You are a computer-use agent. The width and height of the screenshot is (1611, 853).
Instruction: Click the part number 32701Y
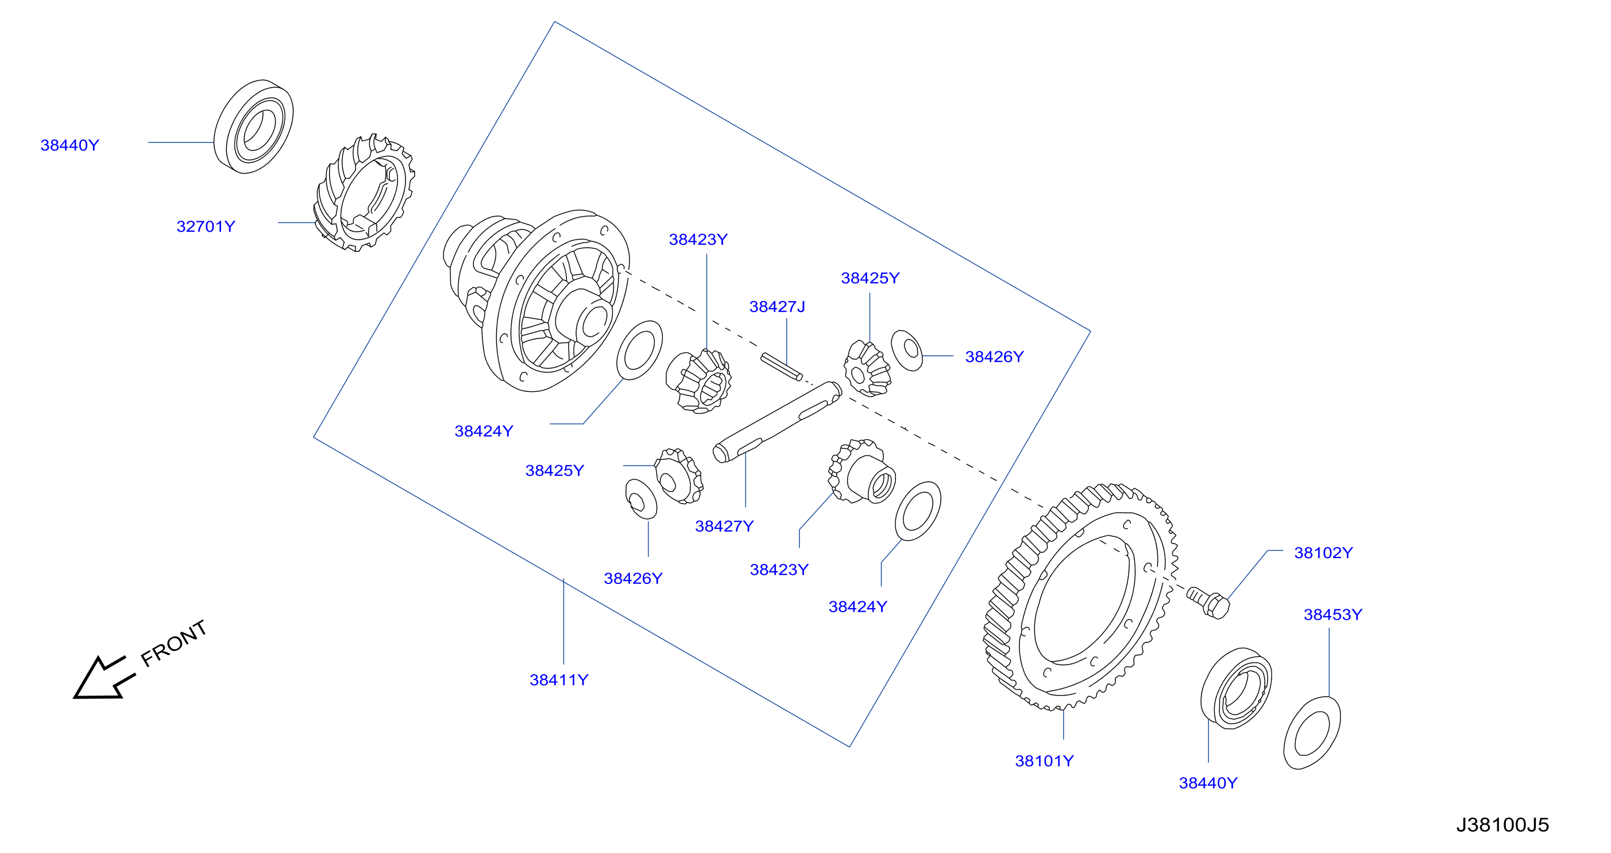206,226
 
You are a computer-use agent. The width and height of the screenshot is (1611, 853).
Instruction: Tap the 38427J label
777,306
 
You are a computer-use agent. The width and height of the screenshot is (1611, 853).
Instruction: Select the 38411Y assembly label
559,679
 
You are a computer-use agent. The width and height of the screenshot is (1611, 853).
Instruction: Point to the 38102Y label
1323,552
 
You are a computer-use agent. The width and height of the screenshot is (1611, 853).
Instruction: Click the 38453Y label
1332,614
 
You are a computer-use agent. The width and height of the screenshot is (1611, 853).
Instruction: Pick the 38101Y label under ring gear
1044,761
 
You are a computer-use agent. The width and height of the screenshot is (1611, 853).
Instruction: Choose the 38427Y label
724,527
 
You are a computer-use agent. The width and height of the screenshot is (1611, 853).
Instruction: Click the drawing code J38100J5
1502,825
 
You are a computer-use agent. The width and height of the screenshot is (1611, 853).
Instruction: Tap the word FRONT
173,643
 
